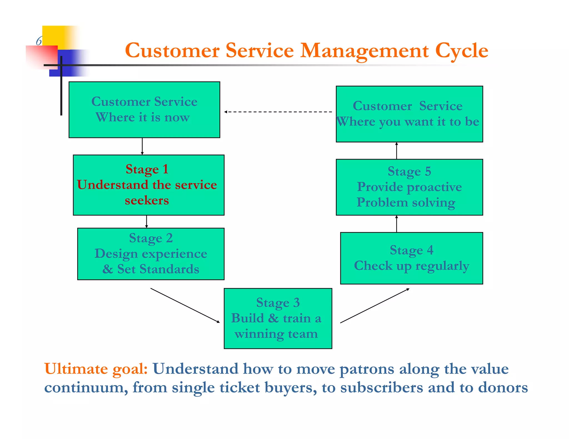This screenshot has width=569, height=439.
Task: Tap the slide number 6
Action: point(39,41)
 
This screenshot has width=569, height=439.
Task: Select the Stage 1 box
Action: point(148,185)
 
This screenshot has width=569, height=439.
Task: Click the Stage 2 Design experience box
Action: point(151,254)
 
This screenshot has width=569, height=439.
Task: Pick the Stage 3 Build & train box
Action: point(278,318)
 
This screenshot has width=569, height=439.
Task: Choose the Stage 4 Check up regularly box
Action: point(411,258)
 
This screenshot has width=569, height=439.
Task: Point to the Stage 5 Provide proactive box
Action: point(409,187)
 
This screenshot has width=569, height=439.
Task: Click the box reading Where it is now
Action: point(144,110)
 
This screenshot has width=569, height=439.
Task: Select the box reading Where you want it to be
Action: point(409,114)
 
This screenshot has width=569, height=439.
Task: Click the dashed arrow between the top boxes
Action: point(278,112)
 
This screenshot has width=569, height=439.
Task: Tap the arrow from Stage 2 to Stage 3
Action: point(185,305)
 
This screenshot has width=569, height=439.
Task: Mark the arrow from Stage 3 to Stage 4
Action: point(375,306)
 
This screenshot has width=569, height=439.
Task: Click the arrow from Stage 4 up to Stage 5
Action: point(396,224)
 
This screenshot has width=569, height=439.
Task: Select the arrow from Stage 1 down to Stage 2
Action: point(146,221)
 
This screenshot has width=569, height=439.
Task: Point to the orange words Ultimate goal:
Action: point(96,369)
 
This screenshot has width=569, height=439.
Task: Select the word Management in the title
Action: point(365,51)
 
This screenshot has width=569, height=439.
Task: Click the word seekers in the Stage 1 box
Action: point(147,200)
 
